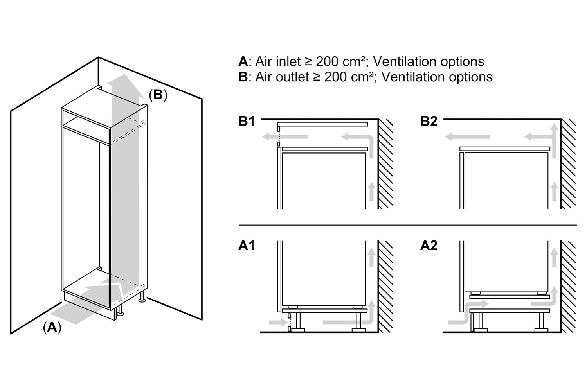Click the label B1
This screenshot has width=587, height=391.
247,122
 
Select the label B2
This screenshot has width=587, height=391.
429,122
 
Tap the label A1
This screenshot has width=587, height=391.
247,246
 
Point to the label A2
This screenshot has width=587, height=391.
429,246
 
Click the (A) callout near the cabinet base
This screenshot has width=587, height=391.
52,327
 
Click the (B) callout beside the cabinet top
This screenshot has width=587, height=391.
158,95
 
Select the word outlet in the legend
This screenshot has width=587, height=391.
291,77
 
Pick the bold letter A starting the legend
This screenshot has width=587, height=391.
243,62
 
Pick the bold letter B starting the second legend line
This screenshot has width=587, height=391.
243,77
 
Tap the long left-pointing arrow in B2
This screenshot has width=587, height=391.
468,137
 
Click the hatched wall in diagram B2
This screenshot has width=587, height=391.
568,164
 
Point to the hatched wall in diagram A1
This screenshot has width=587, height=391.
385,285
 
